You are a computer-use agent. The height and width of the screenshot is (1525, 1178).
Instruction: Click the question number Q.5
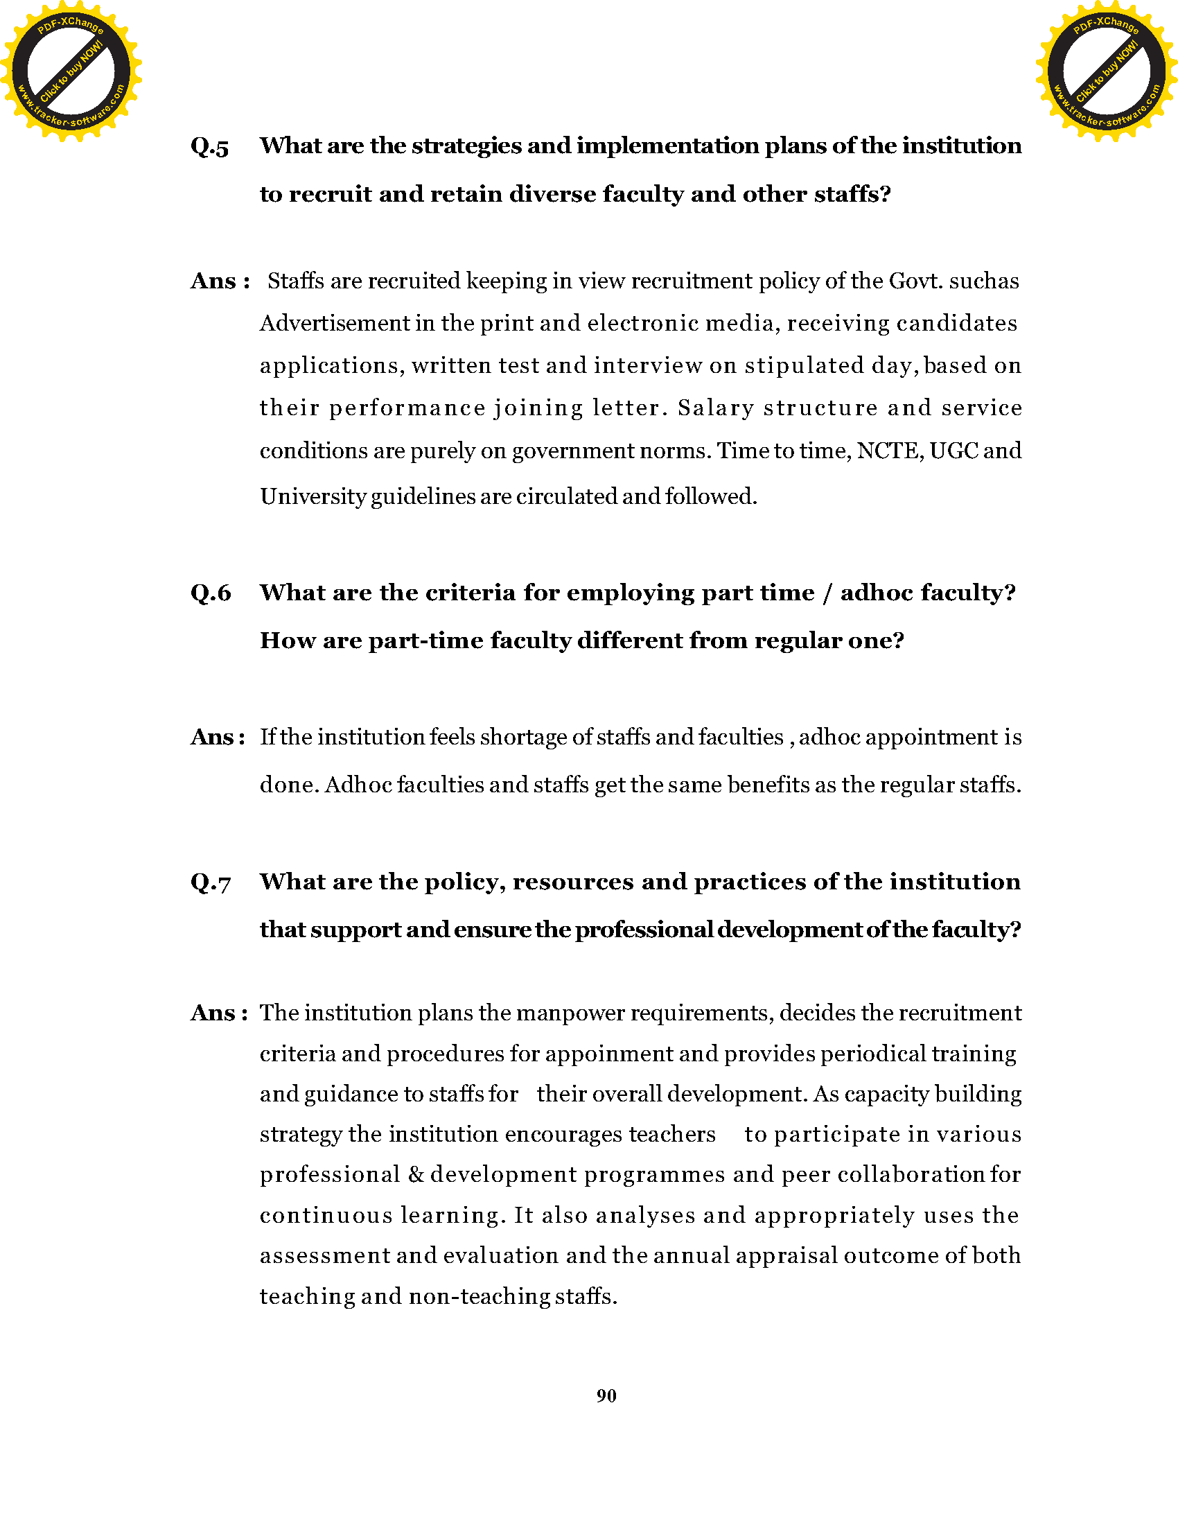pos(209,148)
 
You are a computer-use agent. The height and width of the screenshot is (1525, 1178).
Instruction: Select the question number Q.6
pos(210,593)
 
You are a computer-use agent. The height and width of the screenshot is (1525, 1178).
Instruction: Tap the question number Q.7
pos(210,883)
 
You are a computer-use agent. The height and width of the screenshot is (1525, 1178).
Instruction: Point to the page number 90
pos(606,1396)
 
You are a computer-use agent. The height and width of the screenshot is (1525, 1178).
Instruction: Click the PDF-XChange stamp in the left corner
pos(70,71)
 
